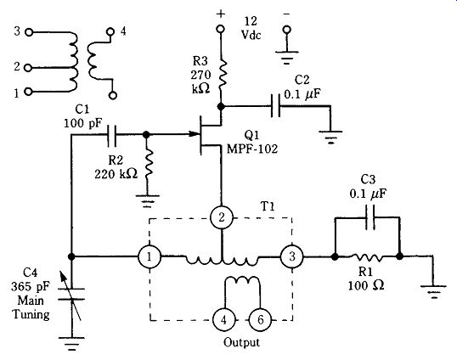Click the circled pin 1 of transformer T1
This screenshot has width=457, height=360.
pos(150,257)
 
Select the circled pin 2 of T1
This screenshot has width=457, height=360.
pos(222,217)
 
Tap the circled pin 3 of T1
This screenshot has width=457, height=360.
pos(291,256)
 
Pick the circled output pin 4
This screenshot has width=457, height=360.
pos(223,319)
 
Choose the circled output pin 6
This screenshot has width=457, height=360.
pos(260,319)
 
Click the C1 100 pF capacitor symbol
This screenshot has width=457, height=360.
pos(111,135)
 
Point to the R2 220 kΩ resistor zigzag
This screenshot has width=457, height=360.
pos(148,164)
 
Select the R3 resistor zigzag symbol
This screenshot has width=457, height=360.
pos(222,74)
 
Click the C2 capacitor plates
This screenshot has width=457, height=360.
pos(275,106)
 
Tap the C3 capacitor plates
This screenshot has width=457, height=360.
pos(370,217)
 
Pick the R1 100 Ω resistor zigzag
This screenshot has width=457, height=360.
pos(366,257)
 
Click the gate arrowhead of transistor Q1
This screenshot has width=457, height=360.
pos(194,134)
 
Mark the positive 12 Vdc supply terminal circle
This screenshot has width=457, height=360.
pos(221,29)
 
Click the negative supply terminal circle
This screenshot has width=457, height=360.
pos(287,30)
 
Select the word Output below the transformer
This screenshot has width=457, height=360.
pos(241,342)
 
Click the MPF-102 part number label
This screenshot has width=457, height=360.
pos(252,149)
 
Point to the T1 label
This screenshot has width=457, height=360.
pos(267,206)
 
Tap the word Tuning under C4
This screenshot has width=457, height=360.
pos(31,315)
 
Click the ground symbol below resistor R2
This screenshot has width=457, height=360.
pos(148,201)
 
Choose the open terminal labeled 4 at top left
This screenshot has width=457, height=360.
pos(110,31)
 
